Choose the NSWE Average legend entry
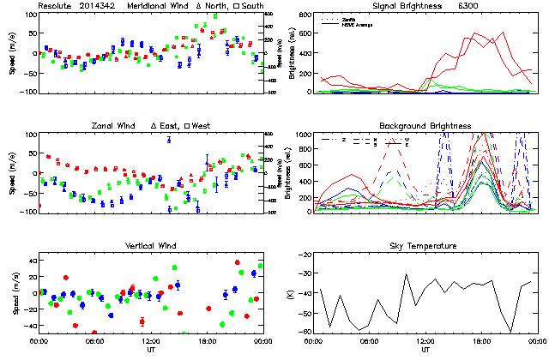point(356,23)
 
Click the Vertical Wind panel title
point(149,246)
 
